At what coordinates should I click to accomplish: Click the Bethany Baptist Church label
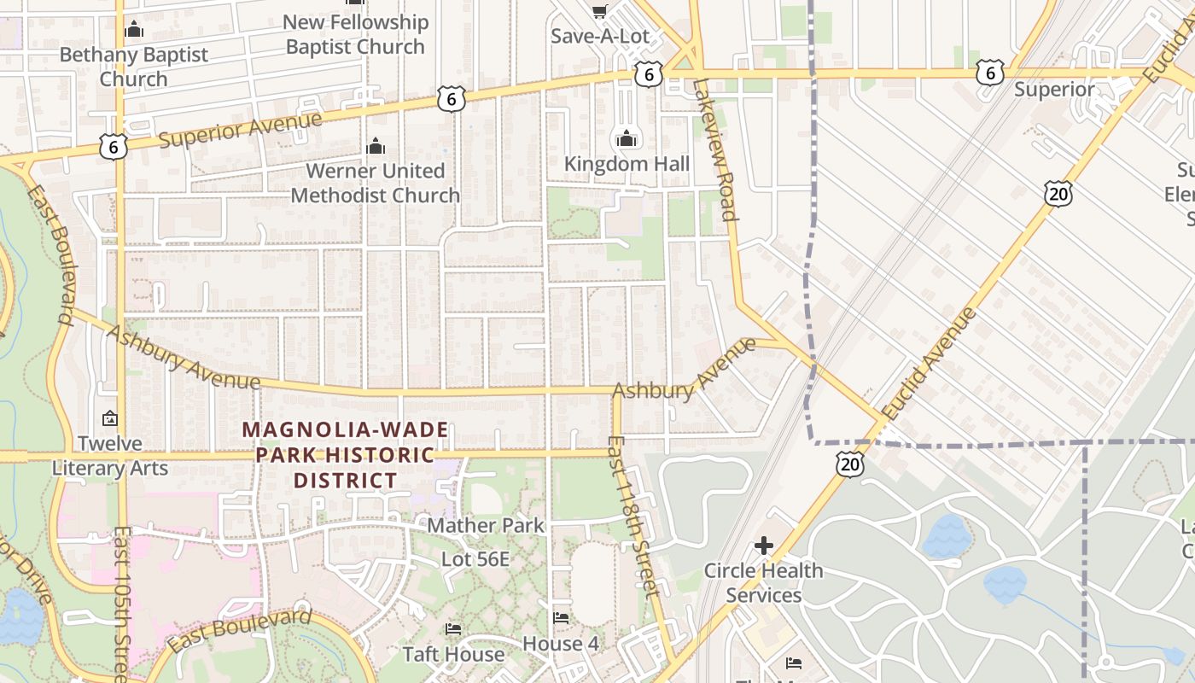click(x=133, y=67)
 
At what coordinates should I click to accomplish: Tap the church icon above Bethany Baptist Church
click(x=133, y=30)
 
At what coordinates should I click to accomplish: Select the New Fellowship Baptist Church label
click(x=355, y=34)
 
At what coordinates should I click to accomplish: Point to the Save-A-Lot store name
click(x=600, y=36)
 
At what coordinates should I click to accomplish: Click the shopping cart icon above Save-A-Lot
click(x=600, y=10)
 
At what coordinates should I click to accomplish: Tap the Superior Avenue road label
click(x=241, y=129)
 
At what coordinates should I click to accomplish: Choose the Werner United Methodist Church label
click(x=376, y=183)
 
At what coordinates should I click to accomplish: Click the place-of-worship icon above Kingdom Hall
click(x=627, y=137)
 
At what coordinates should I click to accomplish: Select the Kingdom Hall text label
click(x=627, y=163)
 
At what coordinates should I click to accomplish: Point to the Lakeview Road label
click(x=715, y=149)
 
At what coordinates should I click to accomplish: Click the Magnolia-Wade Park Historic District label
click(x=346, y=454)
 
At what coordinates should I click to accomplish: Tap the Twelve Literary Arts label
click(x=110, y=455)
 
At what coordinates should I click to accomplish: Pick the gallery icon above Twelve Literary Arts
click(x=110, y=418)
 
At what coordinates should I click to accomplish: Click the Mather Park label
click(x=485, y=525)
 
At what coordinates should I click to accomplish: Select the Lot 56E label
click(x=475, y=559)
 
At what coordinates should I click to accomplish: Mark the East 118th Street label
click(x=632, y=517)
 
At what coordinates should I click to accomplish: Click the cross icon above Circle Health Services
click(x=764, y=545)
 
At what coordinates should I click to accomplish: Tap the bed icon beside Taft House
click(x=453, y=629)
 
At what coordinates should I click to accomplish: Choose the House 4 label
click(x=561, y=643)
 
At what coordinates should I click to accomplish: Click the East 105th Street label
click(x=121, y=602)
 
